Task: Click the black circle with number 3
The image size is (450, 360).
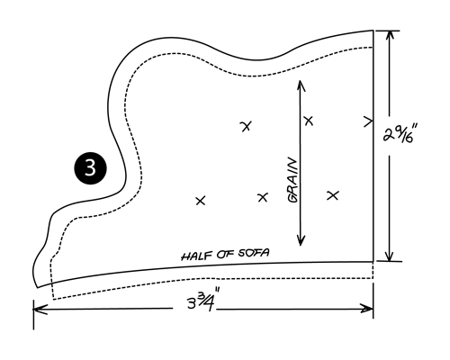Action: coord(90,168)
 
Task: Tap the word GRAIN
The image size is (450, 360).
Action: coord(293,181)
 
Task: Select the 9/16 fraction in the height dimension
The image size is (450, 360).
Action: coord(404,135)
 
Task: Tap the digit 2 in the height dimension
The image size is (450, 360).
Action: coord(389,134)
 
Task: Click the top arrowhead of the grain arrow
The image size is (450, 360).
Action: coord(300,85)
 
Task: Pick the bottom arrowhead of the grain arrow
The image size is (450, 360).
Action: coord(301,240)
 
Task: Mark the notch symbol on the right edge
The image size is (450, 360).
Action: coord(369,121)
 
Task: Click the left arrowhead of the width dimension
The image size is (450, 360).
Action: coord(40,310)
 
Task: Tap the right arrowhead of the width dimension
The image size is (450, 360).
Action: coord(366,309)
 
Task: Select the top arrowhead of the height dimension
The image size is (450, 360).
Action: coord(390,37)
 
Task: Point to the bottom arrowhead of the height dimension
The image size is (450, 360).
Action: coord(389,255)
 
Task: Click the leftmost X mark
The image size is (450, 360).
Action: coord(201,201)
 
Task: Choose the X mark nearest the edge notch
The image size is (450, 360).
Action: coord(309,121)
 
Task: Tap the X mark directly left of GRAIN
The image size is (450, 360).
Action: coord(263,197)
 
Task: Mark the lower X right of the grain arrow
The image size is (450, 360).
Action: coord(333,195)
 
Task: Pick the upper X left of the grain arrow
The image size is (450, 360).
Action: coord(247,126)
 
